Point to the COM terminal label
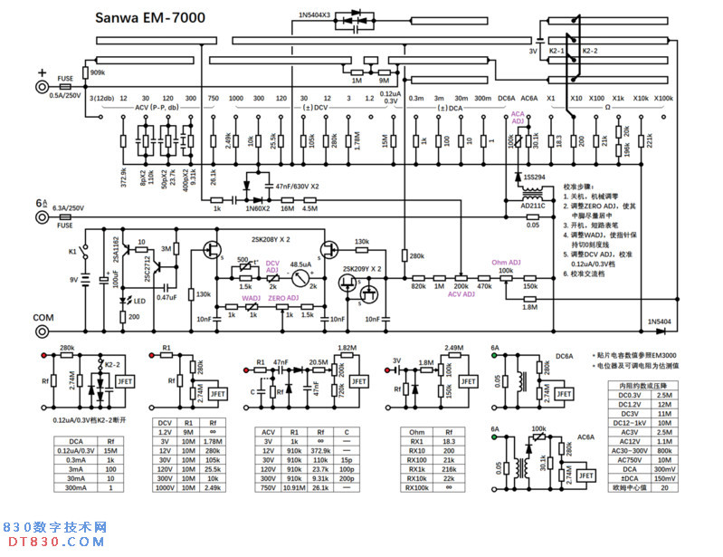point(43,317)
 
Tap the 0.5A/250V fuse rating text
point(65,94)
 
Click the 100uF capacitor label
point(117,286)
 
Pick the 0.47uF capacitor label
point(166,297)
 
